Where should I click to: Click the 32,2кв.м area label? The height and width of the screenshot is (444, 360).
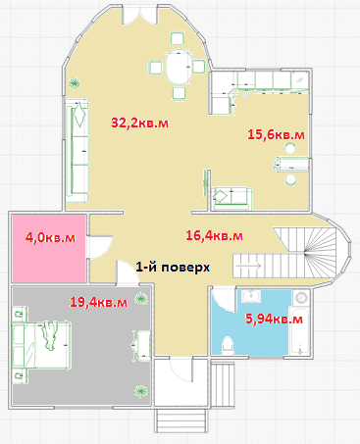[x=140, y=123]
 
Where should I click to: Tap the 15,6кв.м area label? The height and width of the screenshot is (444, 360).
[x=276, y=134]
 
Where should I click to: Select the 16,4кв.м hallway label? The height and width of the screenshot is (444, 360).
[x=214, y=235]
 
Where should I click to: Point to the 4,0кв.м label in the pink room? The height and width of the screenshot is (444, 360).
[x=50, y=237]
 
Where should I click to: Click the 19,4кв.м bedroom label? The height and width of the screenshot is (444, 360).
[x=98, y=302]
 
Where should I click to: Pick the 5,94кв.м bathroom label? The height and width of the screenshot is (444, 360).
[x=274, y=319]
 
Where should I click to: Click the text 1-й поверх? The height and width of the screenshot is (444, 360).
[x=173, y=268]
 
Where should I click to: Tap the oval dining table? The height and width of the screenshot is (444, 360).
[x=179, y=67]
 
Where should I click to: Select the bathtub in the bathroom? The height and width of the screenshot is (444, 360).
[x=298, y=330]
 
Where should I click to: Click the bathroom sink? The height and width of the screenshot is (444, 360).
[x=251, y=296]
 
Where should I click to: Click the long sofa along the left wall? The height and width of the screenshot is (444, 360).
[x=77, y=151]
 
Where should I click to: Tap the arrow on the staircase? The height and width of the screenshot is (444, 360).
[x=248, y=266]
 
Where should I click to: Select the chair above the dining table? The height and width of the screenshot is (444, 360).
[x=178, y=38]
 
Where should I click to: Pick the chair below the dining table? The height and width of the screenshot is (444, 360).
[x=180, y=93]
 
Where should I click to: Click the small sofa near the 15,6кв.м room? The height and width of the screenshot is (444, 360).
[x=231, y=198]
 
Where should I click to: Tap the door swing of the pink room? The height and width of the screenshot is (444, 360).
[x=101, y=247]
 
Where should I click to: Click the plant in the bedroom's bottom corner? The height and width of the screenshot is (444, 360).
[x=140, y=391]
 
